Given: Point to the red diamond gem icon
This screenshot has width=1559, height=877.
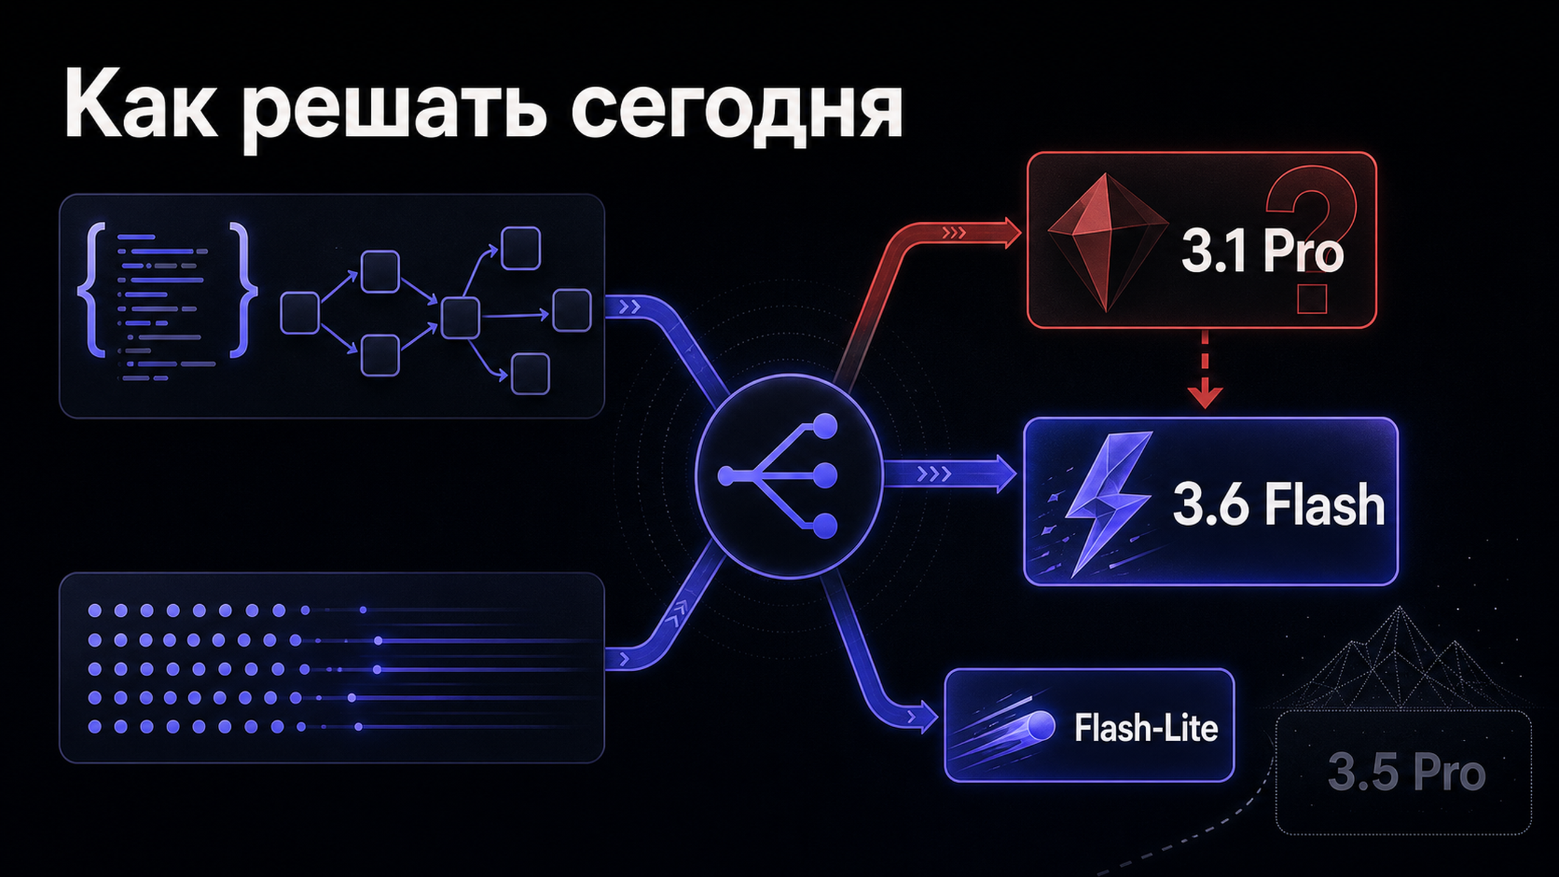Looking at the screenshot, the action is pyautogui.click(x=1107, y=243).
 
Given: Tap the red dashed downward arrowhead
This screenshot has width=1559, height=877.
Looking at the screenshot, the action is pyautogui.click(x=1205, y=396).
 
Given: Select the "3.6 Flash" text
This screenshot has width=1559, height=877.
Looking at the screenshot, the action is pyautogui.click(x=1279, y=504).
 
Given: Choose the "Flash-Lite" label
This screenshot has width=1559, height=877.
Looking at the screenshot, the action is pyautogui.click(x=1145, y=727).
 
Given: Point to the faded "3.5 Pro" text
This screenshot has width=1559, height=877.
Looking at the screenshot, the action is pyautogui.click(x=1407, y=773).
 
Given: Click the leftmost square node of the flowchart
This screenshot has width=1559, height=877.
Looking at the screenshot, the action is pyautogui.click(x=300, y=313).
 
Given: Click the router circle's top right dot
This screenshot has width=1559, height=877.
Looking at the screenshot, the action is pyautogui.click(x=825, y=426).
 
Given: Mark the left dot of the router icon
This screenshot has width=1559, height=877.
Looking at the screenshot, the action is pyautogui.click(x=726, y=476).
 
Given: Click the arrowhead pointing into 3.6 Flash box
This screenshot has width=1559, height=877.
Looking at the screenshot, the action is pyautogui.click(x=1005, y=474).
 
